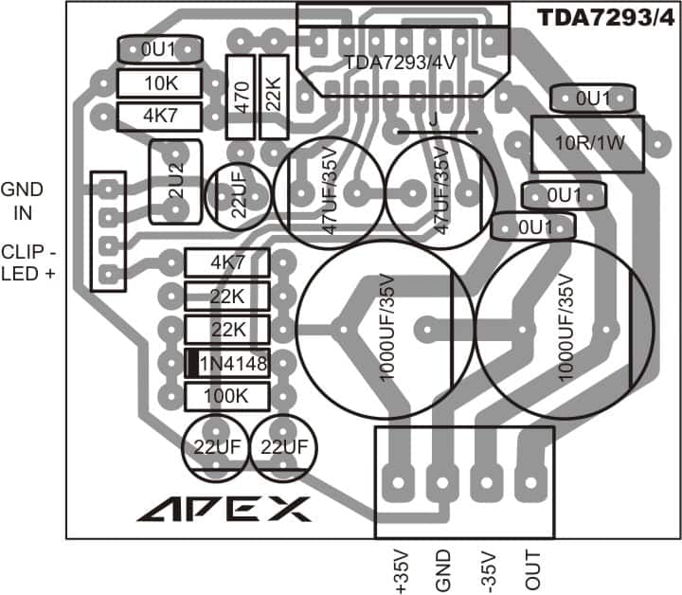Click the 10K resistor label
tap(161, 83)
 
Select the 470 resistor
tap(240, 97)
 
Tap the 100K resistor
tap(227, 396)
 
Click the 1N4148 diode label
tap(233, 363)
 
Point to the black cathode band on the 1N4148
tap(193, 363)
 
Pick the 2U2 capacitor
tap(176, 182)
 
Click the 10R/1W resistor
tap(587, 144)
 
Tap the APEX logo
tap(224, 509)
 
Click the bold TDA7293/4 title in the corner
tap(606, 18)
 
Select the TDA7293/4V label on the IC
tap(400, 63)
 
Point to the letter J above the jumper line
tap(433, 118)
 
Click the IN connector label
tap(23, 213)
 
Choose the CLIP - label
tap(28, 252)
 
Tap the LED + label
tap(28, 274)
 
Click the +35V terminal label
tap(402, 571)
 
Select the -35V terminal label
tap(489, 572)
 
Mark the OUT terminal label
tap(532, 569)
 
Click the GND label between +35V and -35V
tap(442, 570)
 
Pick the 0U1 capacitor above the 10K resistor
tap(160, 49)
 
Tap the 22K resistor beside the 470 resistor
tap(274, 97)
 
